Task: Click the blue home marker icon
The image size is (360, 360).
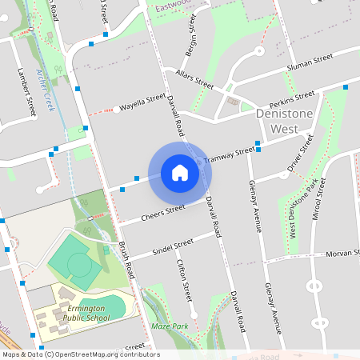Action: point(180,172)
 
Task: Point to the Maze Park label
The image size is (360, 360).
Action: point(169,326)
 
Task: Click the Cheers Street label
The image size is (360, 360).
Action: point(163,213)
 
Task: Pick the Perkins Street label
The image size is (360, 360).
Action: point(292,99)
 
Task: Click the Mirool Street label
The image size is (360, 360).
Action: point(320,198)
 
